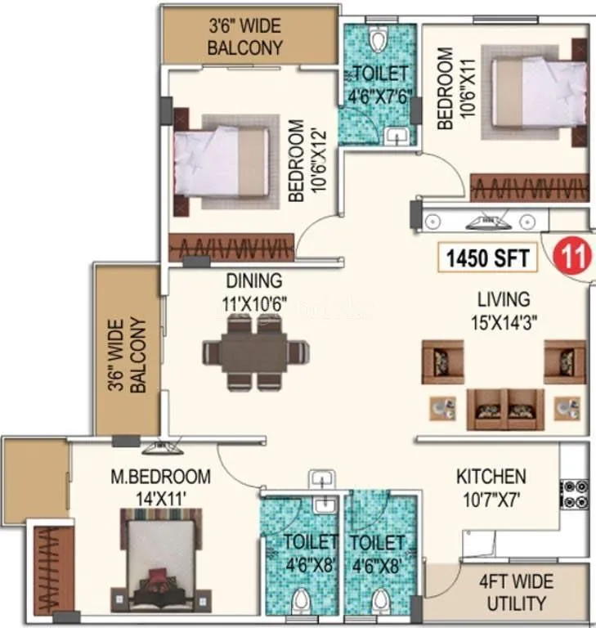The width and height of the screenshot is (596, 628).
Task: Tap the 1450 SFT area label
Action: point(488,258)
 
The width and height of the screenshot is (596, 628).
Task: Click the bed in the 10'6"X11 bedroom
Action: point(540,106)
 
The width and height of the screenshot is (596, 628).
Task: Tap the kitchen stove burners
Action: point(571,495)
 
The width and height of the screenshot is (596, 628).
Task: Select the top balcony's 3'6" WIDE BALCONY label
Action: point(245,35)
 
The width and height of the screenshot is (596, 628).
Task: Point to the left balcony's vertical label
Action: point(128,355)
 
